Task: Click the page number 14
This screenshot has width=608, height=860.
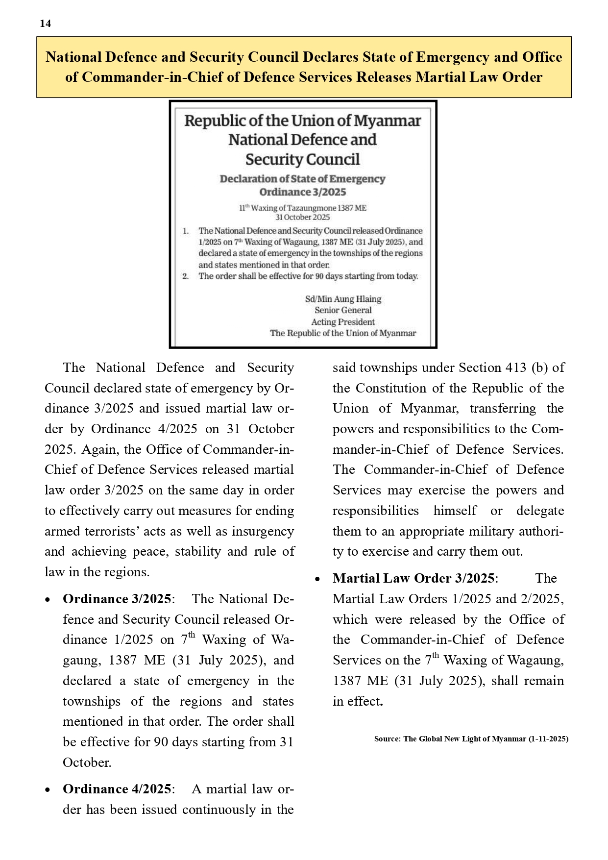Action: click(45, 24)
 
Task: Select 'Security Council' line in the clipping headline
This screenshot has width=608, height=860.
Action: click(302, 160)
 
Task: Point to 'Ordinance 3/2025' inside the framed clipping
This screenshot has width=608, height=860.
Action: click(302, 192)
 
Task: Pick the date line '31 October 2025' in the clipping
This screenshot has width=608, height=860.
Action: click(302, 217)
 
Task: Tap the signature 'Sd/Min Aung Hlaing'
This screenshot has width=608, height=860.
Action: click(343, 299)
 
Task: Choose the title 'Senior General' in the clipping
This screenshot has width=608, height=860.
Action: click(343, 310)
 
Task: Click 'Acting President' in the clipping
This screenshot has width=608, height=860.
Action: click(343, 322)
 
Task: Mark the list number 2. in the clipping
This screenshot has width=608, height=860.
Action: click(186, 276)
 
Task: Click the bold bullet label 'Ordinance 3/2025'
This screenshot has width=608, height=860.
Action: click(117, 599)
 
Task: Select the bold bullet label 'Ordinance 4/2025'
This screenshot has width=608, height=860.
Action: click(117, 789)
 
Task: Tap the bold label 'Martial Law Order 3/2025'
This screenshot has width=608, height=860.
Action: click(413, 578)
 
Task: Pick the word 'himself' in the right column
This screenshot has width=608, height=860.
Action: click(455, 511)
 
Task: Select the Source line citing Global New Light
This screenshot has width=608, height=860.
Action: click(471, 739)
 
